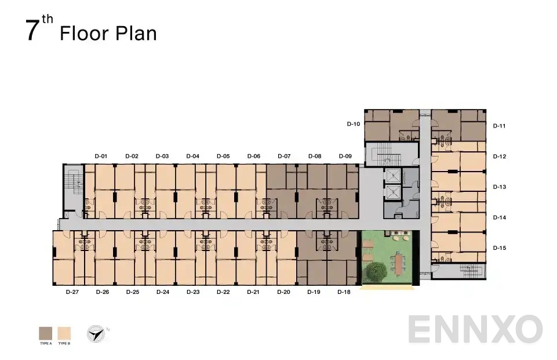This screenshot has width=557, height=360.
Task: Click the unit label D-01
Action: (101, 156)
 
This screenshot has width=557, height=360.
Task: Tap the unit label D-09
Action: (345, 156)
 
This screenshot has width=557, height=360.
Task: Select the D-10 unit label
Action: (353, 124)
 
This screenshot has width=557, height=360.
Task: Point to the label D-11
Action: (500, 126)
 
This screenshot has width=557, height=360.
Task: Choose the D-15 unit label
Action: (500, 248)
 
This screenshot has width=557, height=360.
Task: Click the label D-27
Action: (72, 292)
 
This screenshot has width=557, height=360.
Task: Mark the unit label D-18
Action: (344, 292)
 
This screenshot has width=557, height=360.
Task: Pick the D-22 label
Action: (223, 292)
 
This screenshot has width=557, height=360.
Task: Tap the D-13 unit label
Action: (500, 187)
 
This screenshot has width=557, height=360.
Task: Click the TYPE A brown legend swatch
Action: (45, 333)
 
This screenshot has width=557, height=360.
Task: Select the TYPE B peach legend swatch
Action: (64, 333)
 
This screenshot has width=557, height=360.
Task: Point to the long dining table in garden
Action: (400, 263)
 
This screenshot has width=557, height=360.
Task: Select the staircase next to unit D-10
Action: (383, 155)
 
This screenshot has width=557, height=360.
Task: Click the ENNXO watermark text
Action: (475, 329)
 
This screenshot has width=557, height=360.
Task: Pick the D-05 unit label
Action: (223, 156)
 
